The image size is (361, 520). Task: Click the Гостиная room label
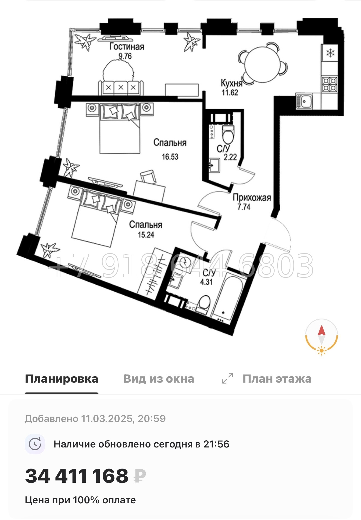(x=127, y=47)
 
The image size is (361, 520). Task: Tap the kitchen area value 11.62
(x=230, y=93)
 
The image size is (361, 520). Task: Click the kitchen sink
(x=304, y=101)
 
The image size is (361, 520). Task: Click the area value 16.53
(x=170, y=157)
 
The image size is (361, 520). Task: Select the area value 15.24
(x=146, y=235)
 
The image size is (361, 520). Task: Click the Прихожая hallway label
(x=252, y=198)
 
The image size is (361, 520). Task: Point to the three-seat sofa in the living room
(x=121, y=88)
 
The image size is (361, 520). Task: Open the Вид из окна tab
(x=159, y=379)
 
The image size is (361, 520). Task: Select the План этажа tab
(x=277, y=379)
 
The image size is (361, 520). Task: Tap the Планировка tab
(x=62, y=379)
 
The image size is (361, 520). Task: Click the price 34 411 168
(x=77, y=476)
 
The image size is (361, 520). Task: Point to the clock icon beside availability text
(x=35, y=444)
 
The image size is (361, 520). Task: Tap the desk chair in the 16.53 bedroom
(x=148, y=176)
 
